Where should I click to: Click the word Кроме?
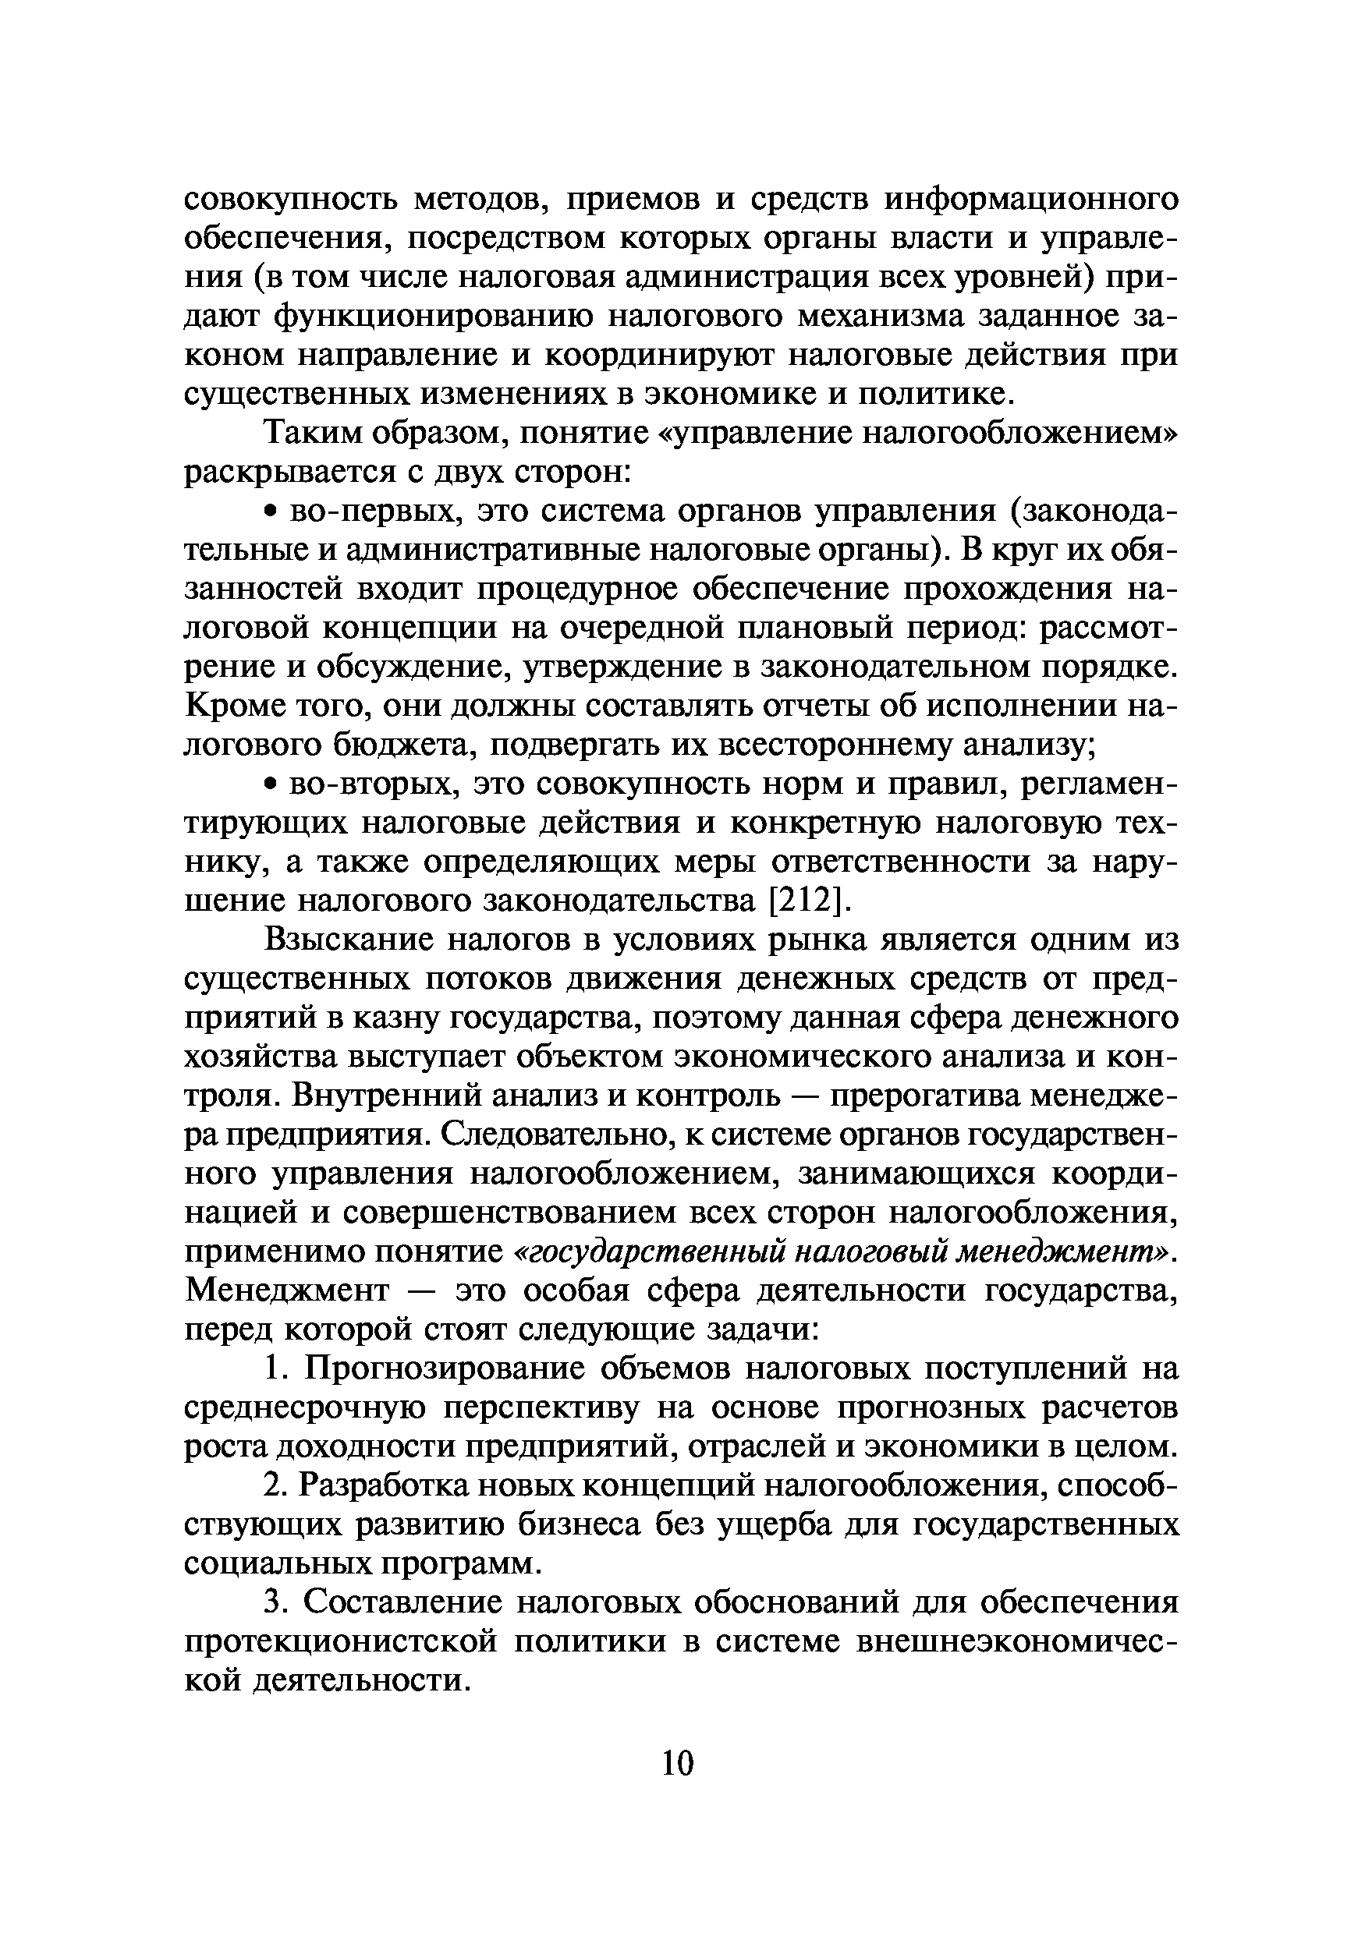[227, 706]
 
